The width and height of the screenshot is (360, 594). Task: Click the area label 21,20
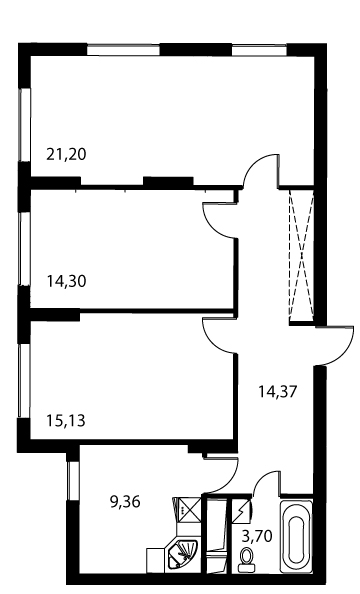tap(66, 155)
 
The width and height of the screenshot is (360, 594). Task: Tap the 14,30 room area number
tap(66, 281)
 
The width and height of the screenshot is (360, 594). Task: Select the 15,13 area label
tap(66, 420)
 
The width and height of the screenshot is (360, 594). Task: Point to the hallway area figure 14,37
tap(277, 391)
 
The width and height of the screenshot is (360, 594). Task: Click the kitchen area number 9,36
tap(125, 502)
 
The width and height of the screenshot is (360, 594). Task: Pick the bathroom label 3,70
tap(257, 536)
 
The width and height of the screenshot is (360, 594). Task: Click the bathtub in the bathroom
tap(296, 536)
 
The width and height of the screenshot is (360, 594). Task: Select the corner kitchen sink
tap(183, 553)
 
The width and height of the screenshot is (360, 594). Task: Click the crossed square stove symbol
tap(189, 509)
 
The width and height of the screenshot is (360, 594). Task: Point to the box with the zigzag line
tap(241, 510)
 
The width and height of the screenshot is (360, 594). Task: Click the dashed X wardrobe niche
tap(301, 255)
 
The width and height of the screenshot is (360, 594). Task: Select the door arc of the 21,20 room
tap(253, 164)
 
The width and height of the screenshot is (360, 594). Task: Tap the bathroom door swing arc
tap(261, 478)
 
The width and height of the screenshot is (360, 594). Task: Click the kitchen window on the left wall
tap(72, 480)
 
